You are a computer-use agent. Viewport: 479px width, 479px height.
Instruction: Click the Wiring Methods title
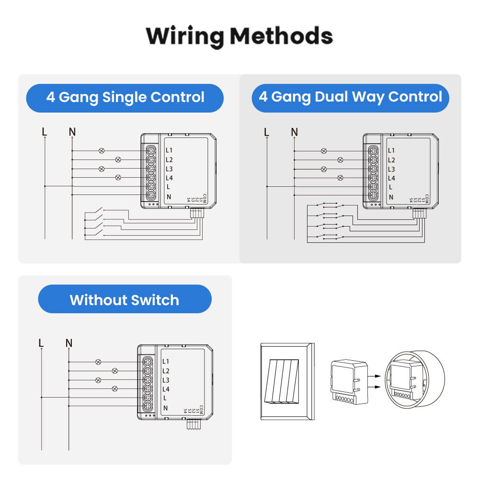click(239, 36)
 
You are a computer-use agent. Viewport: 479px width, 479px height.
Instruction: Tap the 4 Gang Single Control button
click(125, 98)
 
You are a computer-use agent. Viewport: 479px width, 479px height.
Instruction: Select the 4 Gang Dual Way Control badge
click(350, 97)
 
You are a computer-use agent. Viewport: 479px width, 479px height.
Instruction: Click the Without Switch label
click(125, 300)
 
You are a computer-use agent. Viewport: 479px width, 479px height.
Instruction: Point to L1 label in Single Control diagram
click(169, 151)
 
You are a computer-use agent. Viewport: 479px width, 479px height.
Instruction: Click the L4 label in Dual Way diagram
click(391, 178)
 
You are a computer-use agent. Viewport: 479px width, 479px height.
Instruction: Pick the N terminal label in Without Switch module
click(166, 408)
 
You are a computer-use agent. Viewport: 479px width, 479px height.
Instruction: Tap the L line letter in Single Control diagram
click(45, 131)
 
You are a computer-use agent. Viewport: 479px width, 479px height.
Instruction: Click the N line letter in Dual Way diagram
click(294, 132)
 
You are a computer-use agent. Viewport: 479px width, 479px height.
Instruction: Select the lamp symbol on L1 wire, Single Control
click(102, 150)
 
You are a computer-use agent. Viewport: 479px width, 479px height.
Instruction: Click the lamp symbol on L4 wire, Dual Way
click(341, 178)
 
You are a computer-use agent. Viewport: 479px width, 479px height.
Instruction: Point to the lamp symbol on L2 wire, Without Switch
click(114, 371)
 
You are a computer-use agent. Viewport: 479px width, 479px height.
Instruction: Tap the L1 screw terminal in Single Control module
click(151, 150)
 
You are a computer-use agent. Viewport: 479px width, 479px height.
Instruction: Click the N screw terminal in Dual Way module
click(373, 195)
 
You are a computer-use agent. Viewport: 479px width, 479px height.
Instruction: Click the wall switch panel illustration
click(286, 381)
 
